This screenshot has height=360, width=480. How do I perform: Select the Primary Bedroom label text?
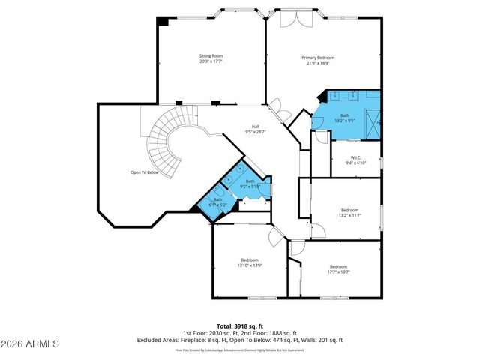(x=318, y=58)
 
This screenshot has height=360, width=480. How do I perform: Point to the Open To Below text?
(x=144, y=172)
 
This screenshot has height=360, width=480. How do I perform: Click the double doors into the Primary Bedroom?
(x=278, y=111)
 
